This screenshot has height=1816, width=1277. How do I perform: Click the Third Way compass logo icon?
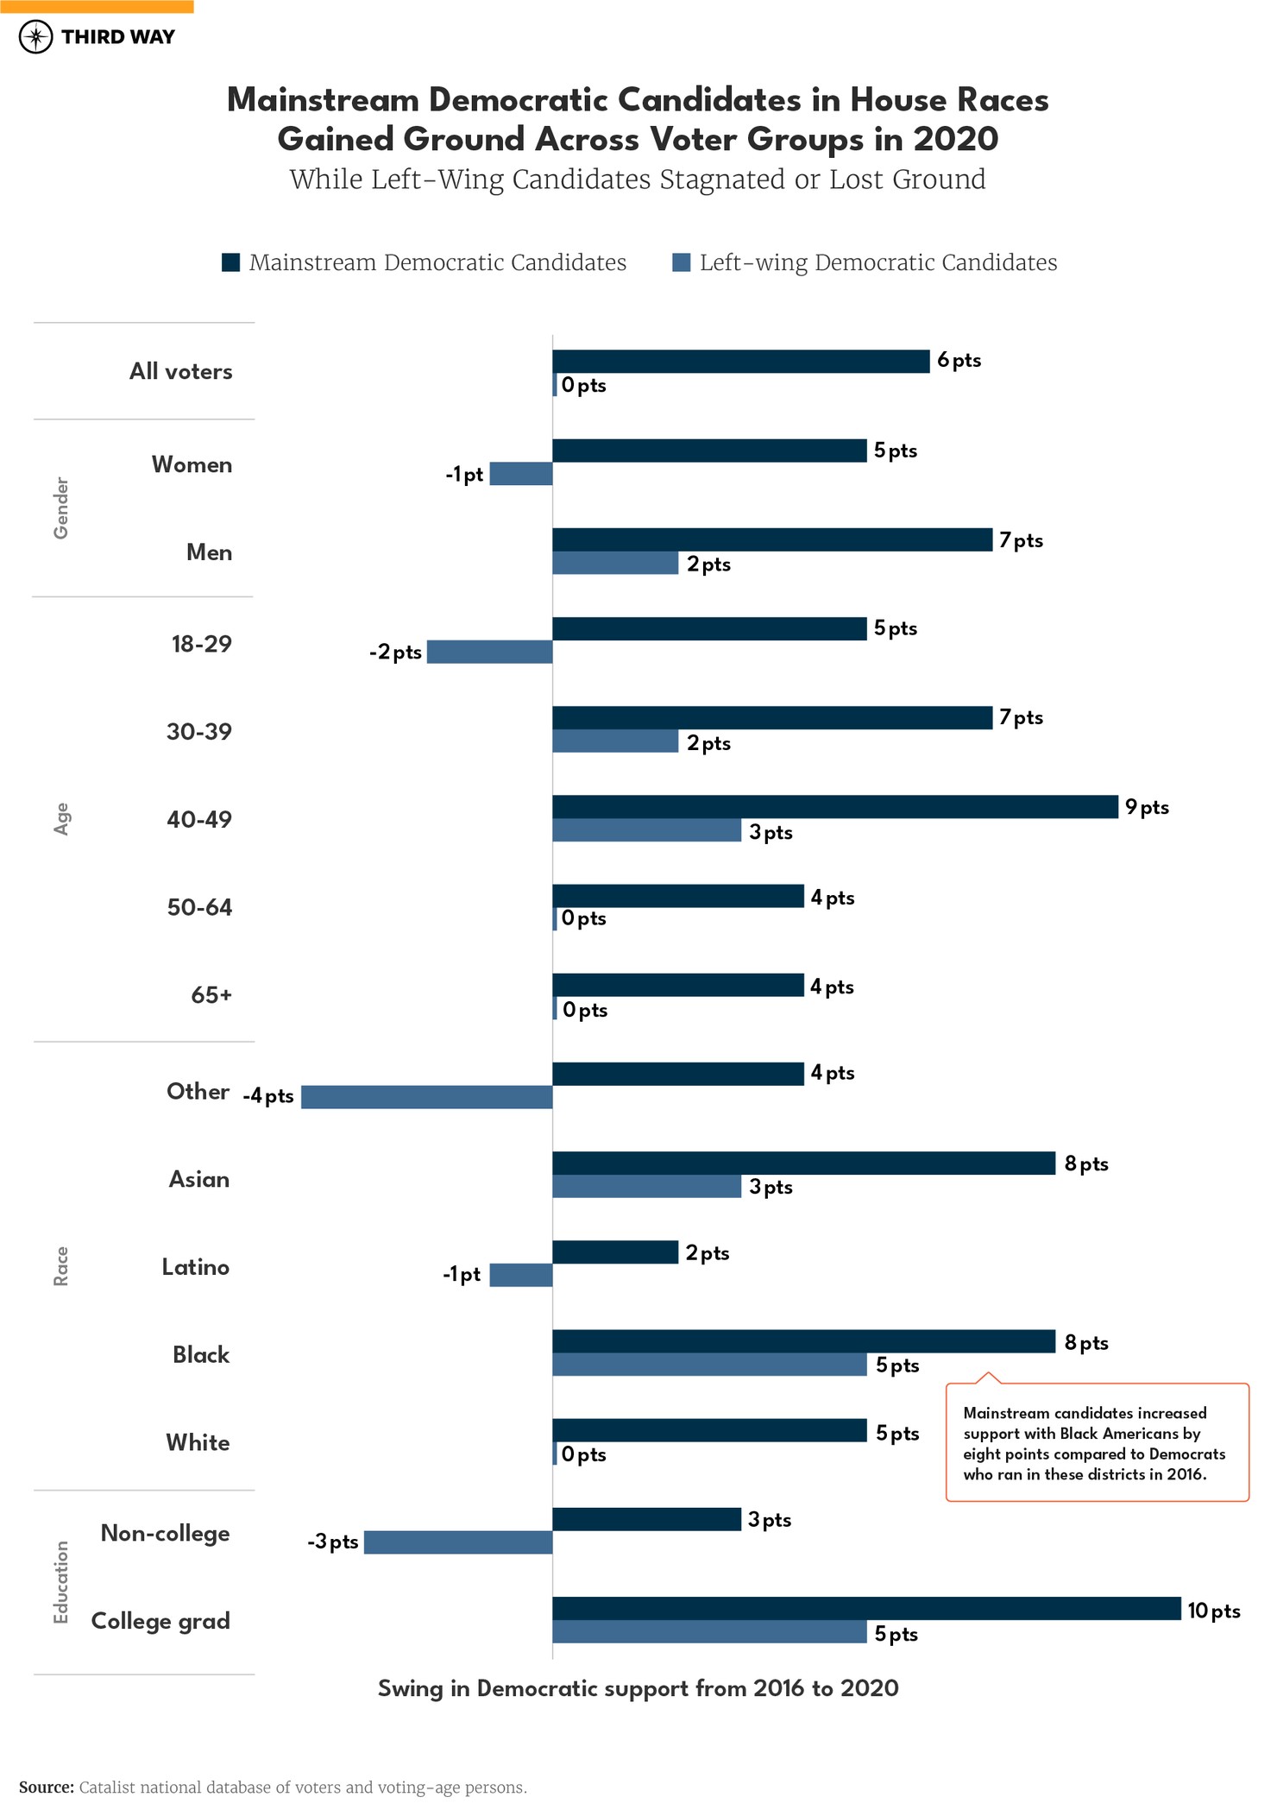pos(35,37)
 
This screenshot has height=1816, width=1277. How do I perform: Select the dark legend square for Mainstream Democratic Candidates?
pos(230,262)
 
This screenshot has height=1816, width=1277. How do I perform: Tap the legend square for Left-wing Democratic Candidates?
pos(682,262)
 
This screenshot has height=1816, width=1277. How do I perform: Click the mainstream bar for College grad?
pos(865,1608)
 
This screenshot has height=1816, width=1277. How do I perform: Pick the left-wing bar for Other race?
pos(426,1097)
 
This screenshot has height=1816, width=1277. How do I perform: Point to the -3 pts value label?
pos(333,1542)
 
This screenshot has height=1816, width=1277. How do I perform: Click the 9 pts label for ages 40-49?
pos(1147,807)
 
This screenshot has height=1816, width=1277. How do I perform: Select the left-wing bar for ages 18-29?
pos(489,652)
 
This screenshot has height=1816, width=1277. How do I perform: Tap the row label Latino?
pos(196,1267)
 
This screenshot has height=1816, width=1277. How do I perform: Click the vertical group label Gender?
pos(61,508)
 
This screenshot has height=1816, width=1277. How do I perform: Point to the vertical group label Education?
pos(61,1582)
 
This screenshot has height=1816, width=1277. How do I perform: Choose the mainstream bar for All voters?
pos(740,362)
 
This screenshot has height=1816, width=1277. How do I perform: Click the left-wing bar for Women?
pos(520,474)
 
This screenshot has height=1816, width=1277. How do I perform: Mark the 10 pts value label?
pos(1213,1611)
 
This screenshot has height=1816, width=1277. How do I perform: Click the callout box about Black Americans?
pos(1097,1443)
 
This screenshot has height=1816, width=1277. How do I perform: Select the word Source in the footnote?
pos(47,1788)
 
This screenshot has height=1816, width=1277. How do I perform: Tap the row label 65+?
pos(211,995)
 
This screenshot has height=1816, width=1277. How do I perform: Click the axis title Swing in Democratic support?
pos(638,1688)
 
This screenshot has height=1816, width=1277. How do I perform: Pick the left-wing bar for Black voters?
pos(709,1365)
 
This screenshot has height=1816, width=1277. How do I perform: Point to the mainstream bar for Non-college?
pos(646,1519)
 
